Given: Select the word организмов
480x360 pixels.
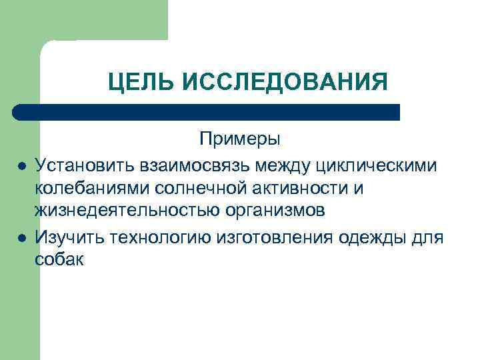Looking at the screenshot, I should [x=274, y=212].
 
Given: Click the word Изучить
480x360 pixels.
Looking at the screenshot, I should [x=65, y=236].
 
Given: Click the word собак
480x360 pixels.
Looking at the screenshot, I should [x=59, y=260].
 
